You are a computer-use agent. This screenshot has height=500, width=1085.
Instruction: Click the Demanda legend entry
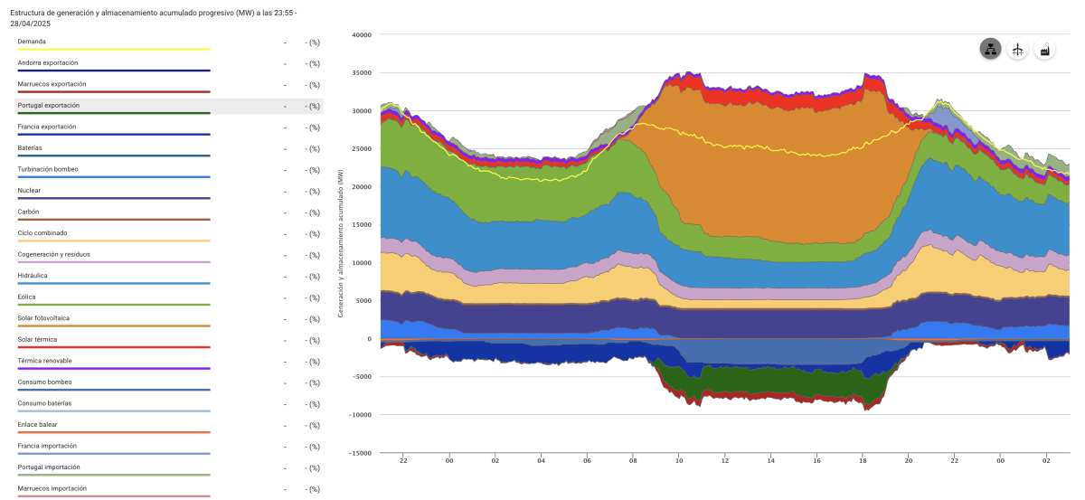32,42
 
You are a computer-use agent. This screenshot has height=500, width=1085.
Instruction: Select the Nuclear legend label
29,191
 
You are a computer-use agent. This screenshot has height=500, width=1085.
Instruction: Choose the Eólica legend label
27,297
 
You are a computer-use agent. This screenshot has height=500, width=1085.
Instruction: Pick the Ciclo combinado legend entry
43,233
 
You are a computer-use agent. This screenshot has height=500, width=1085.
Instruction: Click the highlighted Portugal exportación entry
49,106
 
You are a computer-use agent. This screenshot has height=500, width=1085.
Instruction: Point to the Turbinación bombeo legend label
48,169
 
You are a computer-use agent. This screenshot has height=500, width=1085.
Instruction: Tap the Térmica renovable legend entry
44,361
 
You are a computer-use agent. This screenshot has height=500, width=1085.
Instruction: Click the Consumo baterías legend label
44,403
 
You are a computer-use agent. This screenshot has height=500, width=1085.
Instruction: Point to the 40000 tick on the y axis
362,35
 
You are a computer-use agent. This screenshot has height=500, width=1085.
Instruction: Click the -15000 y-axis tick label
360,453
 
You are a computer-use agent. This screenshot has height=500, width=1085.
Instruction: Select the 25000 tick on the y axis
362,149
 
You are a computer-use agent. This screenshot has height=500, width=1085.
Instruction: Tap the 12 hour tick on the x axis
725,461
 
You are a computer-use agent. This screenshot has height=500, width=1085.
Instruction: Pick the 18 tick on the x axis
863,461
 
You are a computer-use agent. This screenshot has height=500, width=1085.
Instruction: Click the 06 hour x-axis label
587,461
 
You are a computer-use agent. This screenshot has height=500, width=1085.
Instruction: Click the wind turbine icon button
1018,50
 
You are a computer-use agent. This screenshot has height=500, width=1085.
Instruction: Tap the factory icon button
1044,50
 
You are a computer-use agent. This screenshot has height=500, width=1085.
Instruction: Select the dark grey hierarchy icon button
991,50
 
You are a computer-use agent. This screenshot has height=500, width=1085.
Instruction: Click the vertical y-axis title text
342,243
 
